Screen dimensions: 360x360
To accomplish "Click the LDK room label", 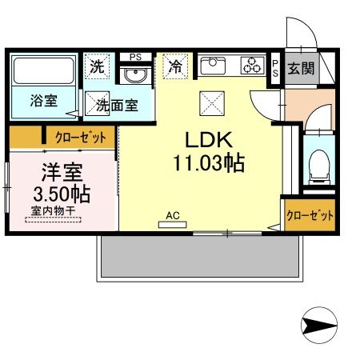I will tap(206, 140).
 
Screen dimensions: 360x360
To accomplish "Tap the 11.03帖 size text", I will tap(206, 163).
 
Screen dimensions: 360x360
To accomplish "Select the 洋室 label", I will tap(60, 172).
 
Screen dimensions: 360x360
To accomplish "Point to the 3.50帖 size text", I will tap(60, 194).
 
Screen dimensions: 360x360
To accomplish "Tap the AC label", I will tap(171, 215).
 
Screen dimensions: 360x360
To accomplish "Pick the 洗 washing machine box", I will tap(97, 68).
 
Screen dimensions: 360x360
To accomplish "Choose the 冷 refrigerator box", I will tap(174, 67).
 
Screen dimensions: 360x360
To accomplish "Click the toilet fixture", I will tap(316, 163).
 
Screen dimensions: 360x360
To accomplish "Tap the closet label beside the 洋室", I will tap(80, 137).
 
